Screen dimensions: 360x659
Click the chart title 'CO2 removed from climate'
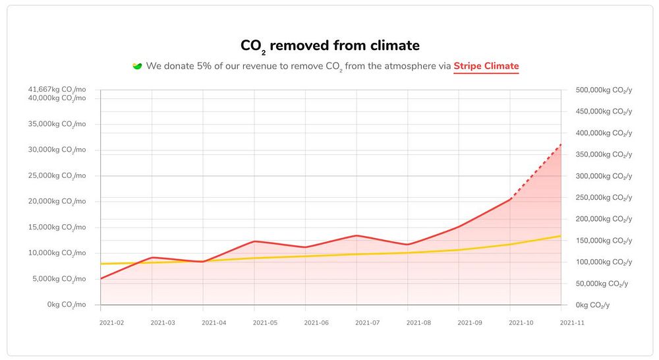pos(329,45)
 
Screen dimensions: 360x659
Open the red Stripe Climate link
pos(486,66)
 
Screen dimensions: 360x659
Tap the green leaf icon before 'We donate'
pos(138,66)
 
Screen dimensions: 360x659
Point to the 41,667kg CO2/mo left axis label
pos(57,90)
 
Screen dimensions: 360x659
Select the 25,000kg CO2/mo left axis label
pos(57,175)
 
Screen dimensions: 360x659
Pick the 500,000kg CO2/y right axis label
pos(603,90)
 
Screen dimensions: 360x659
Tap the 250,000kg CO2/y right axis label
pos(603,197)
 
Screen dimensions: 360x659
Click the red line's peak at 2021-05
pos(254,241)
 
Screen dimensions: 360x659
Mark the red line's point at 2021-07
pos(357,235)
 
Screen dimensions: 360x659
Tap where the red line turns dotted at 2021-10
pos(510,199)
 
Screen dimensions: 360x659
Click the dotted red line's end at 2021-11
pos(561,144)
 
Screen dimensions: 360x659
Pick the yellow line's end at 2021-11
pos(561,236)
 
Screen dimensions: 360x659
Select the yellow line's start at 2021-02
pos(101,264)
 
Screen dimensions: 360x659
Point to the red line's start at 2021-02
pos(101,278)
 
